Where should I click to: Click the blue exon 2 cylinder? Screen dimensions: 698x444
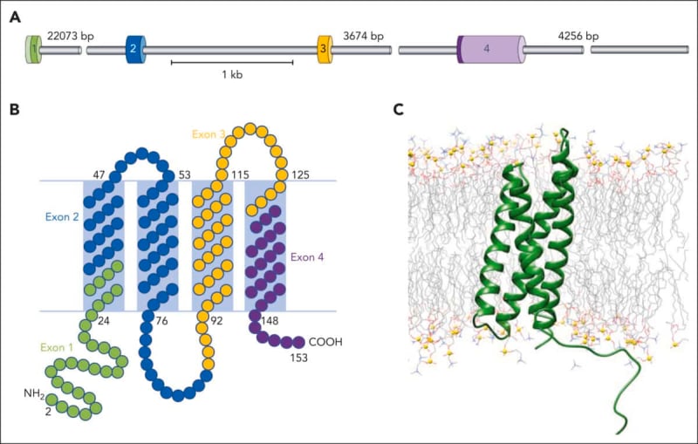coord(136,49)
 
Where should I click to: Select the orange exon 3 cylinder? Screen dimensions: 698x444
coord(325,49)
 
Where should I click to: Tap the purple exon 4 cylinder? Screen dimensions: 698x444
coord(491,49)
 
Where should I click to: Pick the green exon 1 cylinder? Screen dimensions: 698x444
coord(33,49)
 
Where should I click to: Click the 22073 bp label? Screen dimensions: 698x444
coord(71,36)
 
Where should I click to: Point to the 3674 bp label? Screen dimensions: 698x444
coord(363,36)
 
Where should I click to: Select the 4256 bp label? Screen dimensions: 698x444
coord(578,36)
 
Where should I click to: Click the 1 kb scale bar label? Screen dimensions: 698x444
coord(232,75)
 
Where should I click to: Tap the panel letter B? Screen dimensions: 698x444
coord(14,109)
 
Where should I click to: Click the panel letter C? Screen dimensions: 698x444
coord(399,109)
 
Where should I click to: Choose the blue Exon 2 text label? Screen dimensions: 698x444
coord(62,217)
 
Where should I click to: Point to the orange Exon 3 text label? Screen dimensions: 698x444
coord(209,134)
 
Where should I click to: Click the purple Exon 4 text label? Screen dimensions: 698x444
coord(307,257)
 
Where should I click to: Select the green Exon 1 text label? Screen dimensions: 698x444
coord(57,347)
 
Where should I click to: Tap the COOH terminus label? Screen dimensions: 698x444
coord(325,342)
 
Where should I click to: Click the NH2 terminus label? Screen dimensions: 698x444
coord(34,393)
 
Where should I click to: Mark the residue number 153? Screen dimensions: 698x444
coord(298,358)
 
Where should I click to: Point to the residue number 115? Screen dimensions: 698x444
coord(240,174)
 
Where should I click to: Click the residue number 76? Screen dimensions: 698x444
coord(161,320)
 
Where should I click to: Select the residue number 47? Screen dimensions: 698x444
coord(99,174)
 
